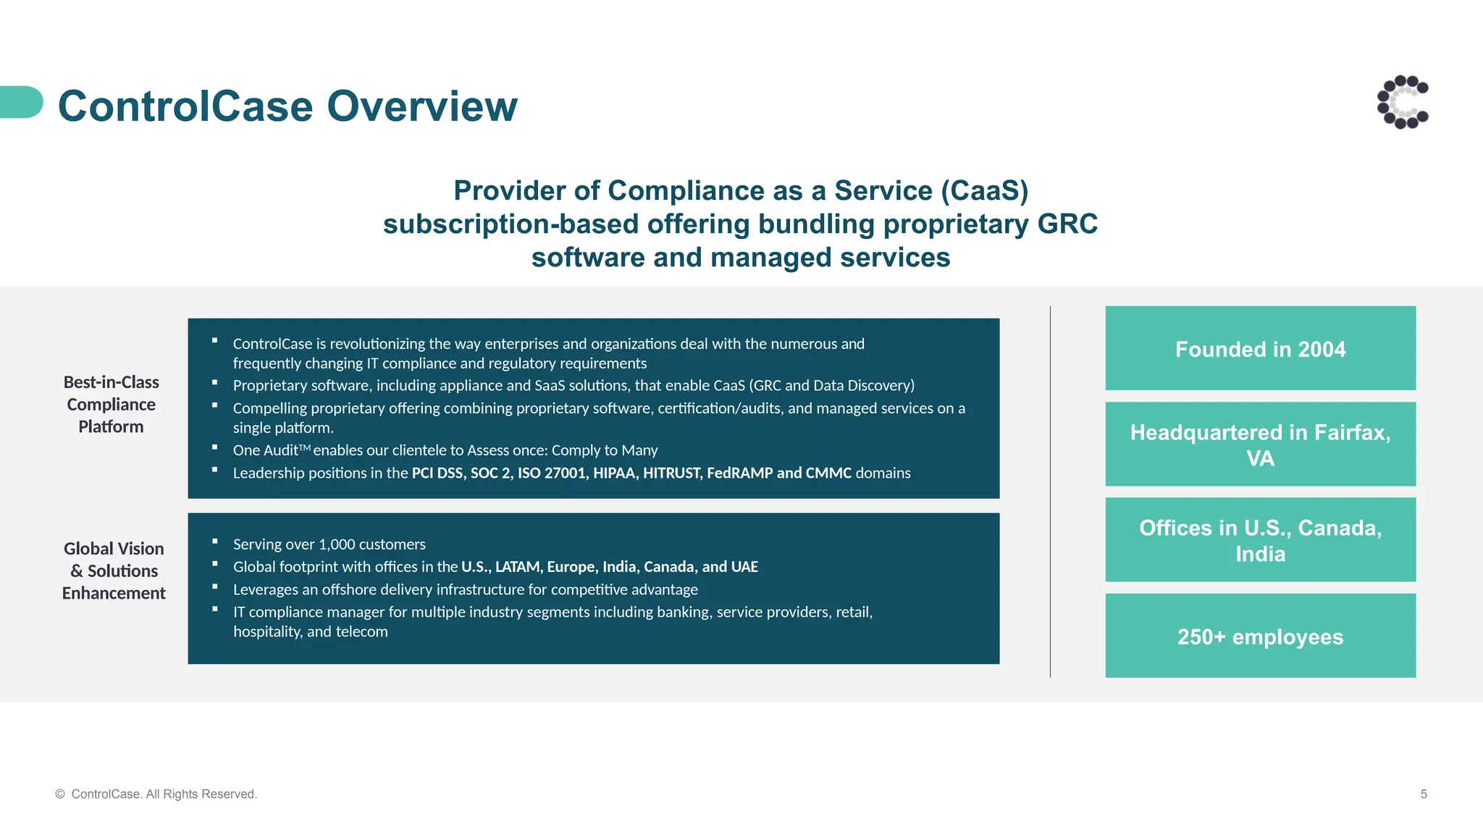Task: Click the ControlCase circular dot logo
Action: point(1403,102)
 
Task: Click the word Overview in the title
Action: point(422,106)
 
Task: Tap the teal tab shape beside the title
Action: point(20,102)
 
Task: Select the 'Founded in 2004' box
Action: point(1260,348)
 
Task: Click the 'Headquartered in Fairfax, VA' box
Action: point(1260,445)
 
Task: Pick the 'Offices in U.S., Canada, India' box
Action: point(1260,540)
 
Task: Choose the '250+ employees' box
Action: point(1260,636)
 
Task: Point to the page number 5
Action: point(1424,794)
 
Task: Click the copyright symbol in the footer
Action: point(60,794)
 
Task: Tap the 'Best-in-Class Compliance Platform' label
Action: point(112,405)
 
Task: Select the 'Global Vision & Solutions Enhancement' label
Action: point(114,571)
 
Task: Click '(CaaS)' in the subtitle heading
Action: point(985,191)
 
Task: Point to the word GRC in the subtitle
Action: point(1067,224)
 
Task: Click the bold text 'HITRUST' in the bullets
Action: point(671,473)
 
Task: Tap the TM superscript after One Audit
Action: point(305,448)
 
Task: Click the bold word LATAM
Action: point(518,567)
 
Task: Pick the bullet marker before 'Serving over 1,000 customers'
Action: point(215,542)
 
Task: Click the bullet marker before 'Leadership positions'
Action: point(215,470)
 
